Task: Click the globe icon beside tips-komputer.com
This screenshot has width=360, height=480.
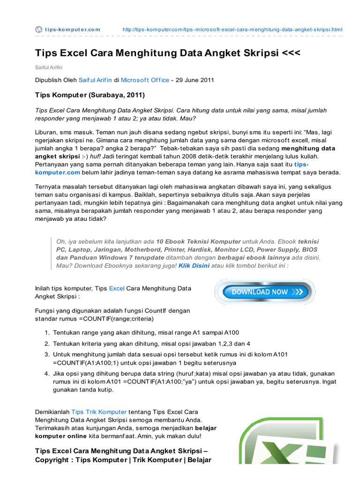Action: (39, 30)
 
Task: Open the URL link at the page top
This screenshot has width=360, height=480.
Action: (232, 30)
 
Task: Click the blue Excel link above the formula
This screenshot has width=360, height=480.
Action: (117, 288)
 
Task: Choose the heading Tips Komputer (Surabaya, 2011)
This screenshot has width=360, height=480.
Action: (90, 95)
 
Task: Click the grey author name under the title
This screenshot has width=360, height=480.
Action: (49, 67)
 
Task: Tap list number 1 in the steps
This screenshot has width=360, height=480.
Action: (47, 333)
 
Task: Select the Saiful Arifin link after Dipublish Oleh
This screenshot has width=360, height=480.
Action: (95, 80)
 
